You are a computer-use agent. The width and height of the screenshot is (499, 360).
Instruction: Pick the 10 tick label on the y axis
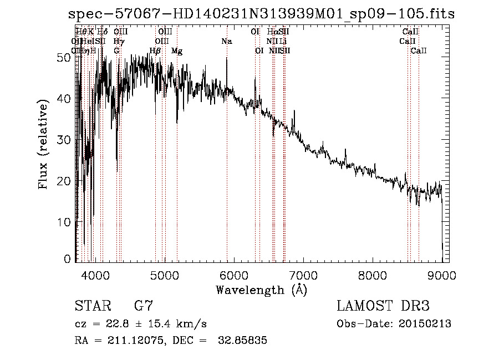(x=65, y=222)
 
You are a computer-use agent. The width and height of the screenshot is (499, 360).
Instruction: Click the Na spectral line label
(x=226, y=42)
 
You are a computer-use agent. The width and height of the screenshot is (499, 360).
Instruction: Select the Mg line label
(x=177, y=51)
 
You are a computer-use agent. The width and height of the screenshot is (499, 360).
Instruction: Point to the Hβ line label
(x=155, y=51)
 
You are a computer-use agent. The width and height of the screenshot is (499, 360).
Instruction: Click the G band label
(x=116, y=51)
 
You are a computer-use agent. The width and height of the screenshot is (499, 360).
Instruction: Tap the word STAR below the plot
(x=91, y=306)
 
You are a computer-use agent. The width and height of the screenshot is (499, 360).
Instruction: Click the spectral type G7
(x=143, y=306)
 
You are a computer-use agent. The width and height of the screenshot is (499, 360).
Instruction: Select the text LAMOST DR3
(x=383, y=306)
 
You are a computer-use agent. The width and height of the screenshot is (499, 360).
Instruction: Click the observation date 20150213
(x=425, y=324)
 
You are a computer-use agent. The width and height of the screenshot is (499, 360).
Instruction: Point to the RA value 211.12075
(x=131, y=341)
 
